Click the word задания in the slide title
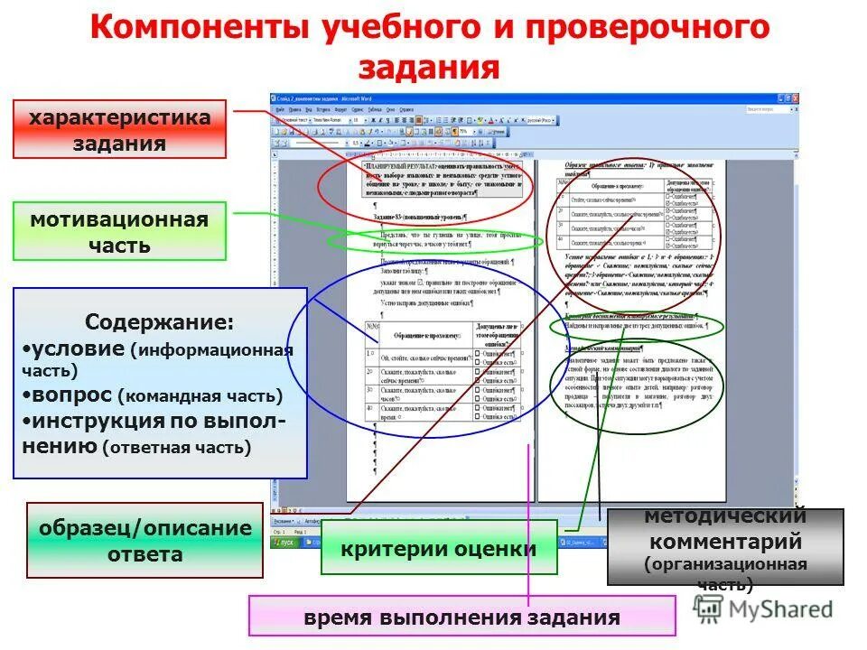coord(431,69)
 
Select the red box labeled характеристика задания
coord(119,130)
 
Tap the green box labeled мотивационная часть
coord(119,232)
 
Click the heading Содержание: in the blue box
coord(159,322)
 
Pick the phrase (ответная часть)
coord(177,445)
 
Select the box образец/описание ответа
coord(144,540)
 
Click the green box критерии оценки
coord(438,548)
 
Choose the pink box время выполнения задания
coord(461,617)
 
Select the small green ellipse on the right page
coord(636,326)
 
